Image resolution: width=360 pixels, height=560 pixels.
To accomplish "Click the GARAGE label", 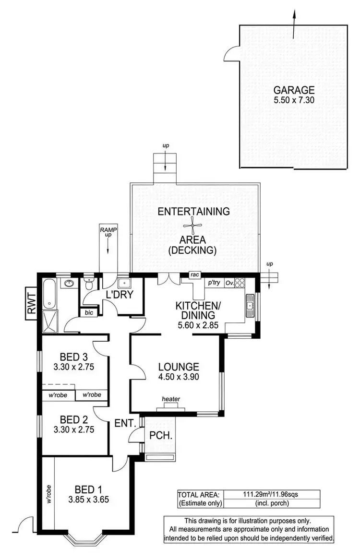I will pyautogui.click(x=294, y=90).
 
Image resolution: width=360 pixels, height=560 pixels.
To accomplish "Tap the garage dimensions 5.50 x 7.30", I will pyautogui.click(x=294, y=101).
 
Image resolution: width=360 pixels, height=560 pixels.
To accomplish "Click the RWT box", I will pyautogui.click(x=32, y=304).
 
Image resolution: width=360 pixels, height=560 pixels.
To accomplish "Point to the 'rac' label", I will pyautogui.click(x=194, y=275).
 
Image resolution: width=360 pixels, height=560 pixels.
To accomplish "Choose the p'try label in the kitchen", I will pyautogui.click(x=214, y=283).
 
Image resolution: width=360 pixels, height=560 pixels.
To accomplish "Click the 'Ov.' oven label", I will pyautogui.click(x=230, y=283).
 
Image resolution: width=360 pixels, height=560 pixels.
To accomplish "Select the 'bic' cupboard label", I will pyautogui.click(x=89, y=312).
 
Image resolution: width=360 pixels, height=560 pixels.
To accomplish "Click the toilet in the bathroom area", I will pyautogui.click(x=88, y=284).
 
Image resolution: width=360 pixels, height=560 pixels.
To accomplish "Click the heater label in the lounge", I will pyautogui.click(x=170, y=399).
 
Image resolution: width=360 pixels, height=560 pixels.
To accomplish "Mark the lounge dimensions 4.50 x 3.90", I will pyautogui.click(x=179, y=377).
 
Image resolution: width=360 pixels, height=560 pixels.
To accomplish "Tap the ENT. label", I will pyautogui.click(x=126, y=424).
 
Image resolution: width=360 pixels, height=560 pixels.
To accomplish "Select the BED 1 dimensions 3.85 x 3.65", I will pyautogui.click(x=88, y=499).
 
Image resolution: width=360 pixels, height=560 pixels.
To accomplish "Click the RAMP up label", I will pyautogui.click(x=108, y=232).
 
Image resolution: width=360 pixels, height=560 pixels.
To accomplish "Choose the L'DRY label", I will pyautogui.click(x=120, y=295).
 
